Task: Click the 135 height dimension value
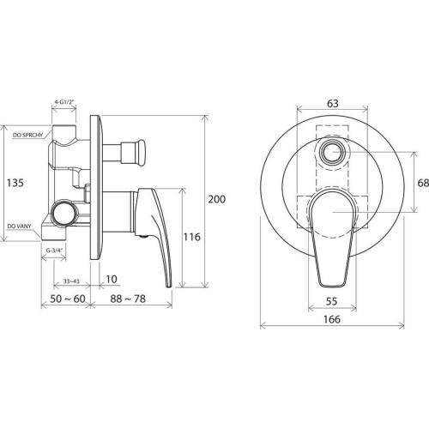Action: (x=15, y=183)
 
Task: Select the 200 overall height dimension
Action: (x=216, y=199)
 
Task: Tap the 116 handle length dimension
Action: (x=191, y=237)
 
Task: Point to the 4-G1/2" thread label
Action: (x=64, y=101)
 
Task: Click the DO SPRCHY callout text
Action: (x=27, y=135)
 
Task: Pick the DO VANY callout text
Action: (x=20, y=227)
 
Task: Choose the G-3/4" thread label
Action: (x=54, y=251)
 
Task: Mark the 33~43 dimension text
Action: (x=71, y=281)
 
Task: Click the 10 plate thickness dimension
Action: (x=112, y=279)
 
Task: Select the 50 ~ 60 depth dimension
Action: (x=68, y=299)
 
